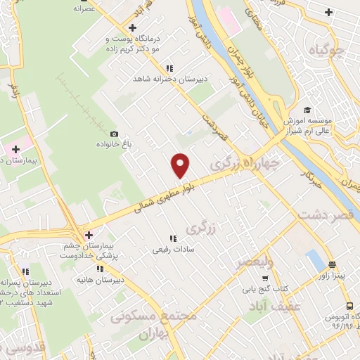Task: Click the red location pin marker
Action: coord(181,165)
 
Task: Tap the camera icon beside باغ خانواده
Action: coord(115,134)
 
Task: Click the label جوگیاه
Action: coord(328,49)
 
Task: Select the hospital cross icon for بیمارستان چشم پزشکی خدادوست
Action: coord(89,236)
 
